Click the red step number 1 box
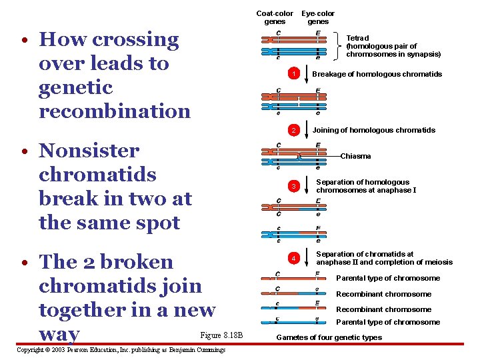pyautogui.click(x=292, y=73)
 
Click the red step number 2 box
pyautogui.click(x=292, y=129)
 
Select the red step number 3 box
pyautogui.click(x=292, y=185)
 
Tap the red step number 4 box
pyautogui.click(x=292, y=258)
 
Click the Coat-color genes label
pyautogui.click(x=275, y=17)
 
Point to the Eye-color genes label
pyautogui.click(x=318, y=17)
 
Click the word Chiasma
pyautogui.click(x=355, y=156)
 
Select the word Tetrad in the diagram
pyautogui.click(x=358, y=38)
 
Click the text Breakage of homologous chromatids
pyautogui.click(x=377, y=74)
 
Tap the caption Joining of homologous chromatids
pyautogui.click(x=373, y=130)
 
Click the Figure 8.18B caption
pyautogui.click(x=222, y=335)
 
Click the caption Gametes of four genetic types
pyautogui.click(x=329, y=337)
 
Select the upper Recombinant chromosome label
pyautogui.click(x=383, y=294)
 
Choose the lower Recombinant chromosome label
pyautogui.click(x=383, y=309)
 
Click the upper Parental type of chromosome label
pyautogui.click(x=388, y=278)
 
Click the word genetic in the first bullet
pyautogui.click(x=75, y=87)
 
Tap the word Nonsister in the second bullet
pyautogui.click(x=89, y=151)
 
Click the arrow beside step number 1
pyautogui.click(x=306, y=73)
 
